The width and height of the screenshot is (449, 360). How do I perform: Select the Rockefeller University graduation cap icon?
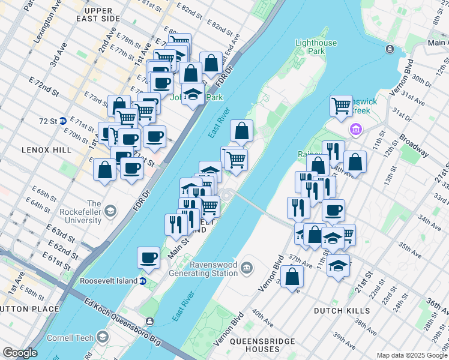tap(110, 211)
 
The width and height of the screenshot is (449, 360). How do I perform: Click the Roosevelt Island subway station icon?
tap(143, 281)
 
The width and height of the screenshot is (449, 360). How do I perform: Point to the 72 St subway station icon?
tap(62, 121)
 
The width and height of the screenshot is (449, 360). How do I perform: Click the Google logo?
tap(20, 353)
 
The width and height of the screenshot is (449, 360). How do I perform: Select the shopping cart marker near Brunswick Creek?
tap(341, 106)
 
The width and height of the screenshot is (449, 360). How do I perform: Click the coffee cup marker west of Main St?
tap(148, 258)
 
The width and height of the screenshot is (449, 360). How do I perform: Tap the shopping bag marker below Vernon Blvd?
tap(292, 277)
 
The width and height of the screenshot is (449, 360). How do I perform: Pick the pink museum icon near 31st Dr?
tap(356, 130)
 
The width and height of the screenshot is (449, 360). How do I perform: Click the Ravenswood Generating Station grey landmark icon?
tap(247, 266)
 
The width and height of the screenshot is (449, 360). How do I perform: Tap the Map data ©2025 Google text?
tap(411, 355)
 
